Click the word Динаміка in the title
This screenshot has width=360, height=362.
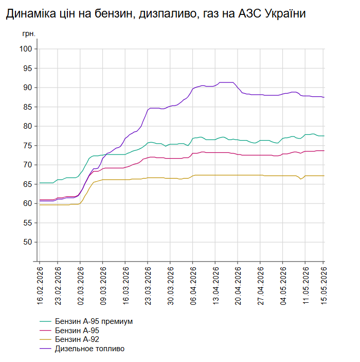[x=31, y=14]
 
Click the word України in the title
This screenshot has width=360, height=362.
[x=285, y=13]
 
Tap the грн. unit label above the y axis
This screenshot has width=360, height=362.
[x=29, y=34]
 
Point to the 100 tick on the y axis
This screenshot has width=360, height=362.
[x=26, y=49]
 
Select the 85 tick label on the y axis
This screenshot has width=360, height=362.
[x=28, y=107]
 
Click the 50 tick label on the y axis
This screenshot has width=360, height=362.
[x=28, y=242]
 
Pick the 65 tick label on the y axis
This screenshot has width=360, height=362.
[x=28, y=184]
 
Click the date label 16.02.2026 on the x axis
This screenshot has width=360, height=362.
[x=40, y=286]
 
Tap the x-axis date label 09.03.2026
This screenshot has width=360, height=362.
[x=103, y=286]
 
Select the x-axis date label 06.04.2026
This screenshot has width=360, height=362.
[x=193, y=286]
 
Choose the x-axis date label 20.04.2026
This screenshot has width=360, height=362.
[x=238, y=286]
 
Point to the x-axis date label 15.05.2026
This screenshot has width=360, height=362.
[x=324, y=286]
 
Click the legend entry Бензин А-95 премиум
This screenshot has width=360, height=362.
[x=94, y=322]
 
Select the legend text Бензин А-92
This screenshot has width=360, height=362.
[x=77, y=339]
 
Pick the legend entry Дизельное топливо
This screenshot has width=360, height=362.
[x=89, y=349]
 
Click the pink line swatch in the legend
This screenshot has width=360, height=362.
[x=45, y=331]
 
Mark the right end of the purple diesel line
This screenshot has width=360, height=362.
[x=324, y=97]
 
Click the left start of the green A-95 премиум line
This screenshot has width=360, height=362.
[x=40, y=183]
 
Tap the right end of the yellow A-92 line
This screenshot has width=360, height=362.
[x=324, y=176]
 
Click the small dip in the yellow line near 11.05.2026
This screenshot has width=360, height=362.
[x=300, y=179]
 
